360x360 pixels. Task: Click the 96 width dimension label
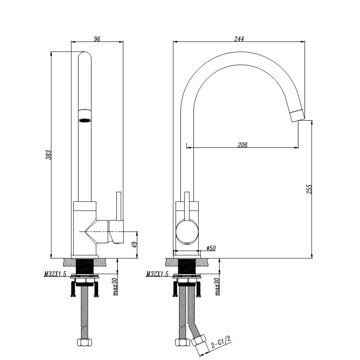coord(97,38)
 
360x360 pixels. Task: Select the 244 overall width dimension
coord(239,38)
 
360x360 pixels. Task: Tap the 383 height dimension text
coord(48,155)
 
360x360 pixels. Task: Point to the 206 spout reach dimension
coord(242,145)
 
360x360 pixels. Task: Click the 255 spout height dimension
coord(308,189)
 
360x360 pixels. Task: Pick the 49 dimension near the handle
coord(135,244)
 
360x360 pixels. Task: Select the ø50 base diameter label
coord(211,248)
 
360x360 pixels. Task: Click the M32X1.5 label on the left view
coord(55,274)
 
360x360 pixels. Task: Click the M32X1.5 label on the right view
coord(157,274)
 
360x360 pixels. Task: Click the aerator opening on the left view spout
coord(84,120)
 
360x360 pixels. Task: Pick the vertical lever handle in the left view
coord(118,206)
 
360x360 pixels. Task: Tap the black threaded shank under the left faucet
coord(84,267)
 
